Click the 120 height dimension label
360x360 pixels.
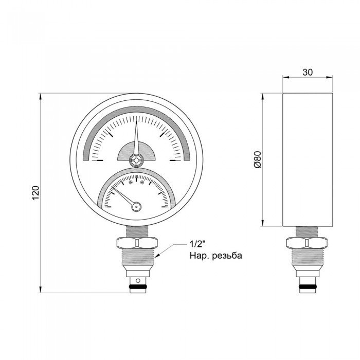point(35,193)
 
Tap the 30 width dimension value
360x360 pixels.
point(307,73)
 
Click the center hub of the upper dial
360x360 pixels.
point(136,159)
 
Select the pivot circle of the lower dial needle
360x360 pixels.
point(136,207)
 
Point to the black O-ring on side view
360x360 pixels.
point(307,284)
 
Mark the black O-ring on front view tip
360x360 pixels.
point(136,284)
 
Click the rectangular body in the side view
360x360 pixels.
point(307,159)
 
